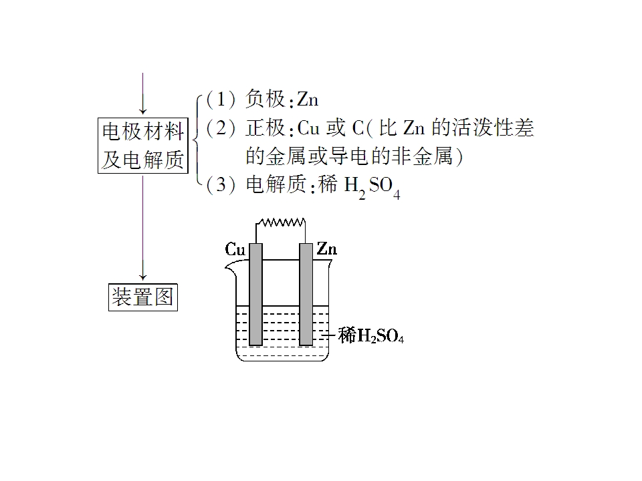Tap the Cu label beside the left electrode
click(235, 249)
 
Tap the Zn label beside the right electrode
click(327, 249)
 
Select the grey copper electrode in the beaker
click(256, 295)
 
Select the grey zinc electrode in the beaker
click(306, 295)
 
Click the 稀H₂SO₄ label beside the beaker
click(371, 336)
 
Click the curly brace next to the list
click(197, 140)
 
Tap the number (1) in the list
click(221, 100)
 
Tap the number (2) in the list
click(221, 128)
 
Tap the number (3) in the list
click(221, 184)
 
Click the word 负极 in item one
click(265, 100)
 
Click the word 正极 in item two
click(265, 128)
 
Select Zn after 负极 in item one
click(308, 100)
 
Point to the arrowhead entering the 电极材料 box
click(143, 110)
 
